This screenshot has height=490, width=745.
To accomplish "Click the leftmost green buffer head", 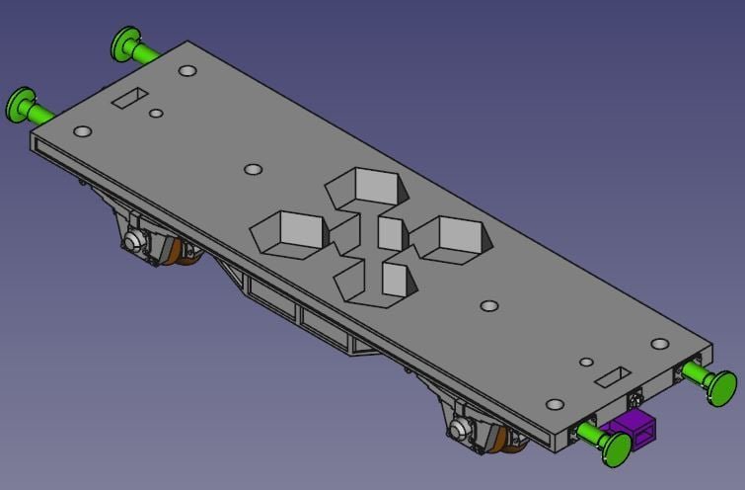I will (21, 104).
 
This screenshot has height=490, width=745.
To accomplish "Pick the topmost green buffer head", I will (126, 44).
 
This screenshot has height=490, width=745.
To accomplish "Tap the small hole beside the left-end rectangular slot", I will (156, 114).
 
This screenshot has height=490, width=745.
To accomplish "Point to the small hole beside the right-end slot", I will (586, 363).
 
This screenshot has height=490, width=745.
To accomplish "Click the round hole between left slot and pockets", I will (253, 170).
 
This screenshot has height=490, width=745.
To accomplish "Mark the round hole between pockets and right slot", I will (488, 305).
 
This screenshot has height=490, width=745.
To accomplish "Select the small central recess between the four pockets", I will (390, 233).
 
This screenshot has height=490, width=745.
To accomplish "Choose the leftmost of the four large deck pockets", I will (293, 232).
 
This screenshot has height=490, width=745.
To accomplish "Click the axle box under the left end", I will (133, 242).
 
